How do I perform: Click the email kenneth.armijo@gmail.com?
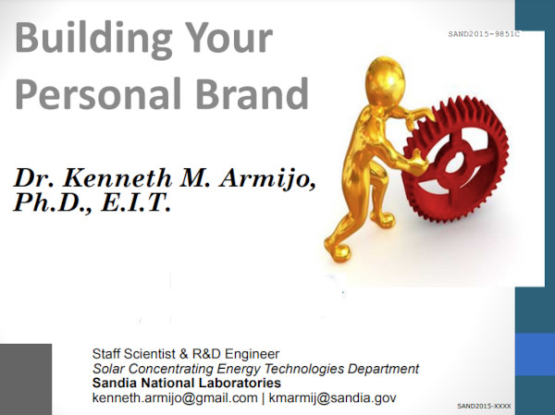175,397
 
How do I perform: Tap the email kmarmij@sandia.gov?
332,397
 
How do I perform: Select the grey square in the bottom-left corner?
25,379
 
